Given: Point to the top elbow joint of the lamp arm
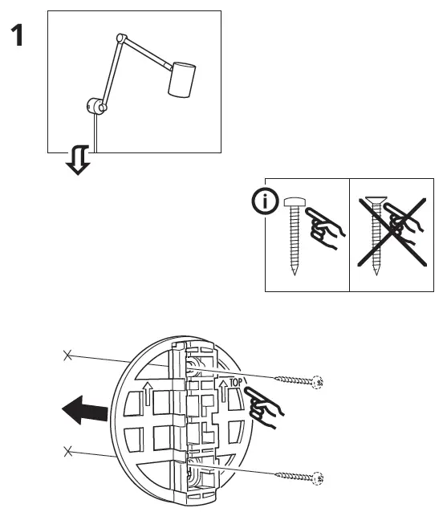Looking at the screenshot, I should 120,37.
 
